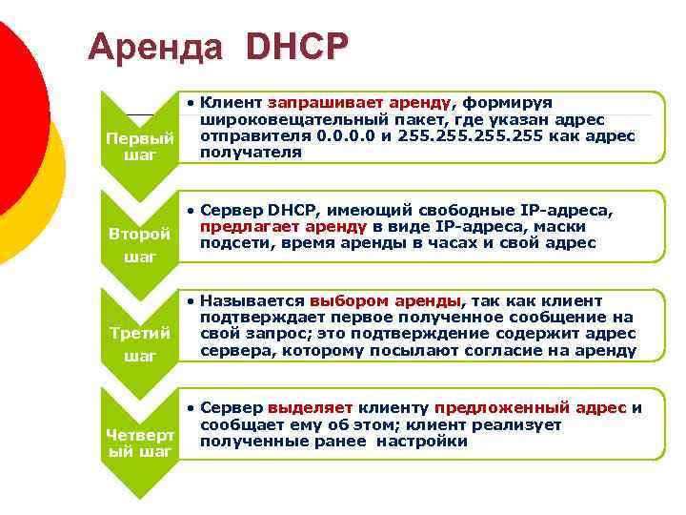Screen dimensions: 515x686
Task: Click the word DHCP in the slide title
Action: (x=296, y=47)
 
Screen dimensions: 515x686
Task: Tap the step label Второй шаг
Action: (x=139, y=245)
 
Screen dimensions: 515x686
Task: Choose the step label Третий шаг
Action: (x=139, y=344)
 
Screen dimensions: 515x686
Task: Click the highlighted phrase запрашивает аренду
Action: (x=363, y=102)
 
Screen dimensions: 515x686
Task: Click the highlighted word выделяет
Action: (x=303, y=407)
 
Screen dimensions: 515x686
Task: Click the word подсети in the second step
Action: (x=231, y=243)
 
